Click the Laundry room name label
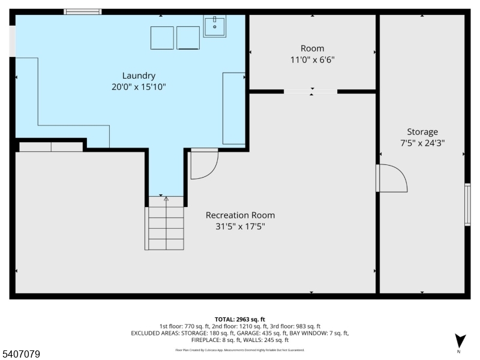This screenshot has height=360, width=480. click(x=139, y=76)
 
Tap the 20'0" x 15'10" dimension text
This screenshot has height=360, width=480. click(x=139, y=87)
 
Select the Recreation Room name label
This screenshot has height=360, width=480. click(x=240, y=215)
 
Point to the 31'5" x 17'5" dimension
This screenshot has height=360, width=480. click(x=240, y=227)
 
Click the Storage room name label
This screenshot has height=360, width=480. click(x=422, y=132)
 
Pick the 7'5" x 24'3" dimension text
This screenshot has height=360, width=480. click(x=422, y=143)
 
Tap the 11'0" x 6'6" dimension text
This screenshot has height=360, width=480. click(x=312, y=59)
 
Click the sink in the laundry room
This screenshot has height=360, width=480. click(x=214, y=26)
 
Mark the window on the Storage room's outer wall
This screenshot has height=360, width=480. click(x=467, y=205)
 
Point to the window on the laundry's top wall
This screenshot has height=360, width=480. click(x=83, y=11)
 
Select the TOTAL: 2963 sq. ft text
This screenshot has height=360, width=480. click(x=240, y=319)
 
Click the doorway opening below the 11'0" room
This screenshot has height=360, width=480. click(x=311, y=92)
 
